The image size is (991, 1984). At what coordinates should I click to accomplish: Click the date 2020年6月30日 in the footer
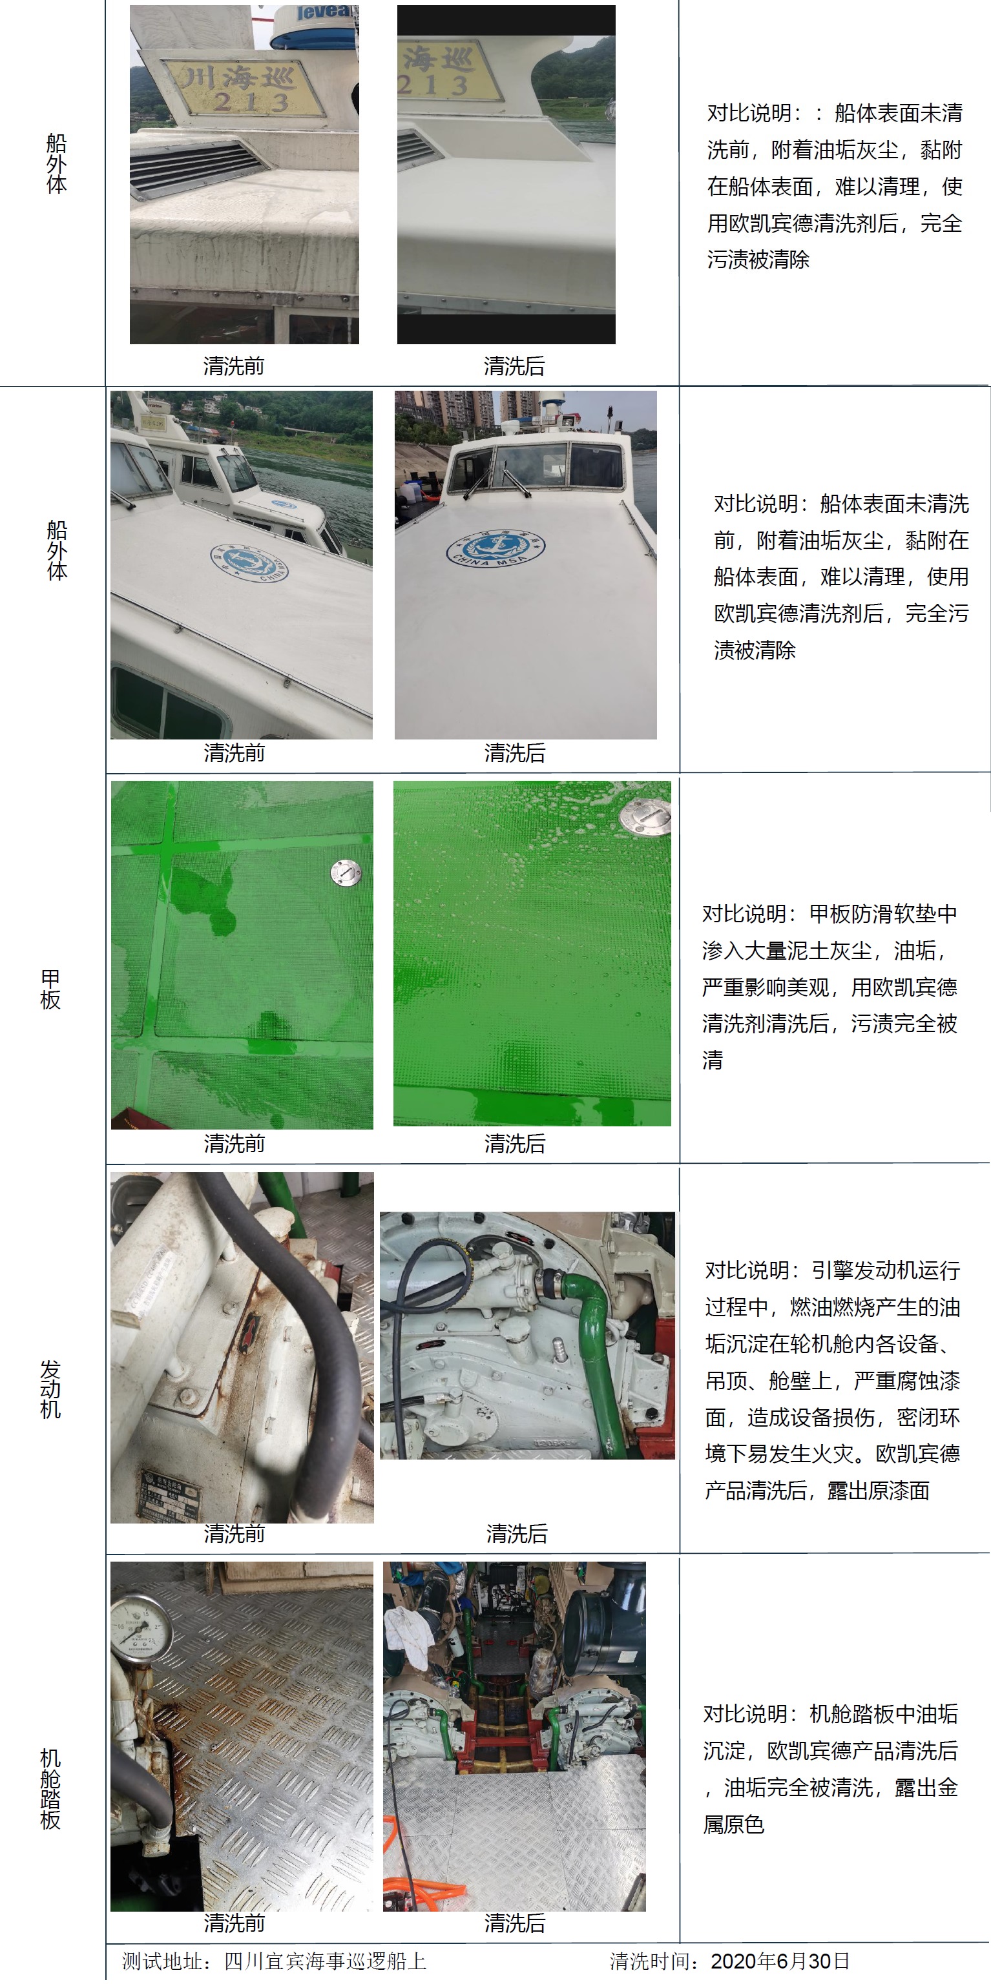780,1961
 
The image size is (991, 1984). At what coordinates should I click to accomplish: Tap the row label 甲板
50,989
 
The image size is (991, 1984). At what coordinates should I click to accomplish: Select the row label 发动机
50,1389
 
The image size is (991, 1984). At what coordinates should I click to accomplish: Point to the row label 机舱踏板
50,1789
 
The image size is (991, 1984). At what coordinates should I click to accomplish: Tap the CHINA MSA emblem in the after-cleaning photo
495,548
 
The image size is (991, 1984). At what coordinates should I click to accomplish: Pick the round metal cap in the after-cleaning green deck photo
646,818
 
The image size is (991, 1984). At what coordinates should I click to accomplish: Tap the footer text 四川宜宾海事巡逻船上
325,1961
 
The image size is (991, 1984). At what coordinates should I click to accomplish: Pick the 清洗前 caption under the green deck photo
235,1144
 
